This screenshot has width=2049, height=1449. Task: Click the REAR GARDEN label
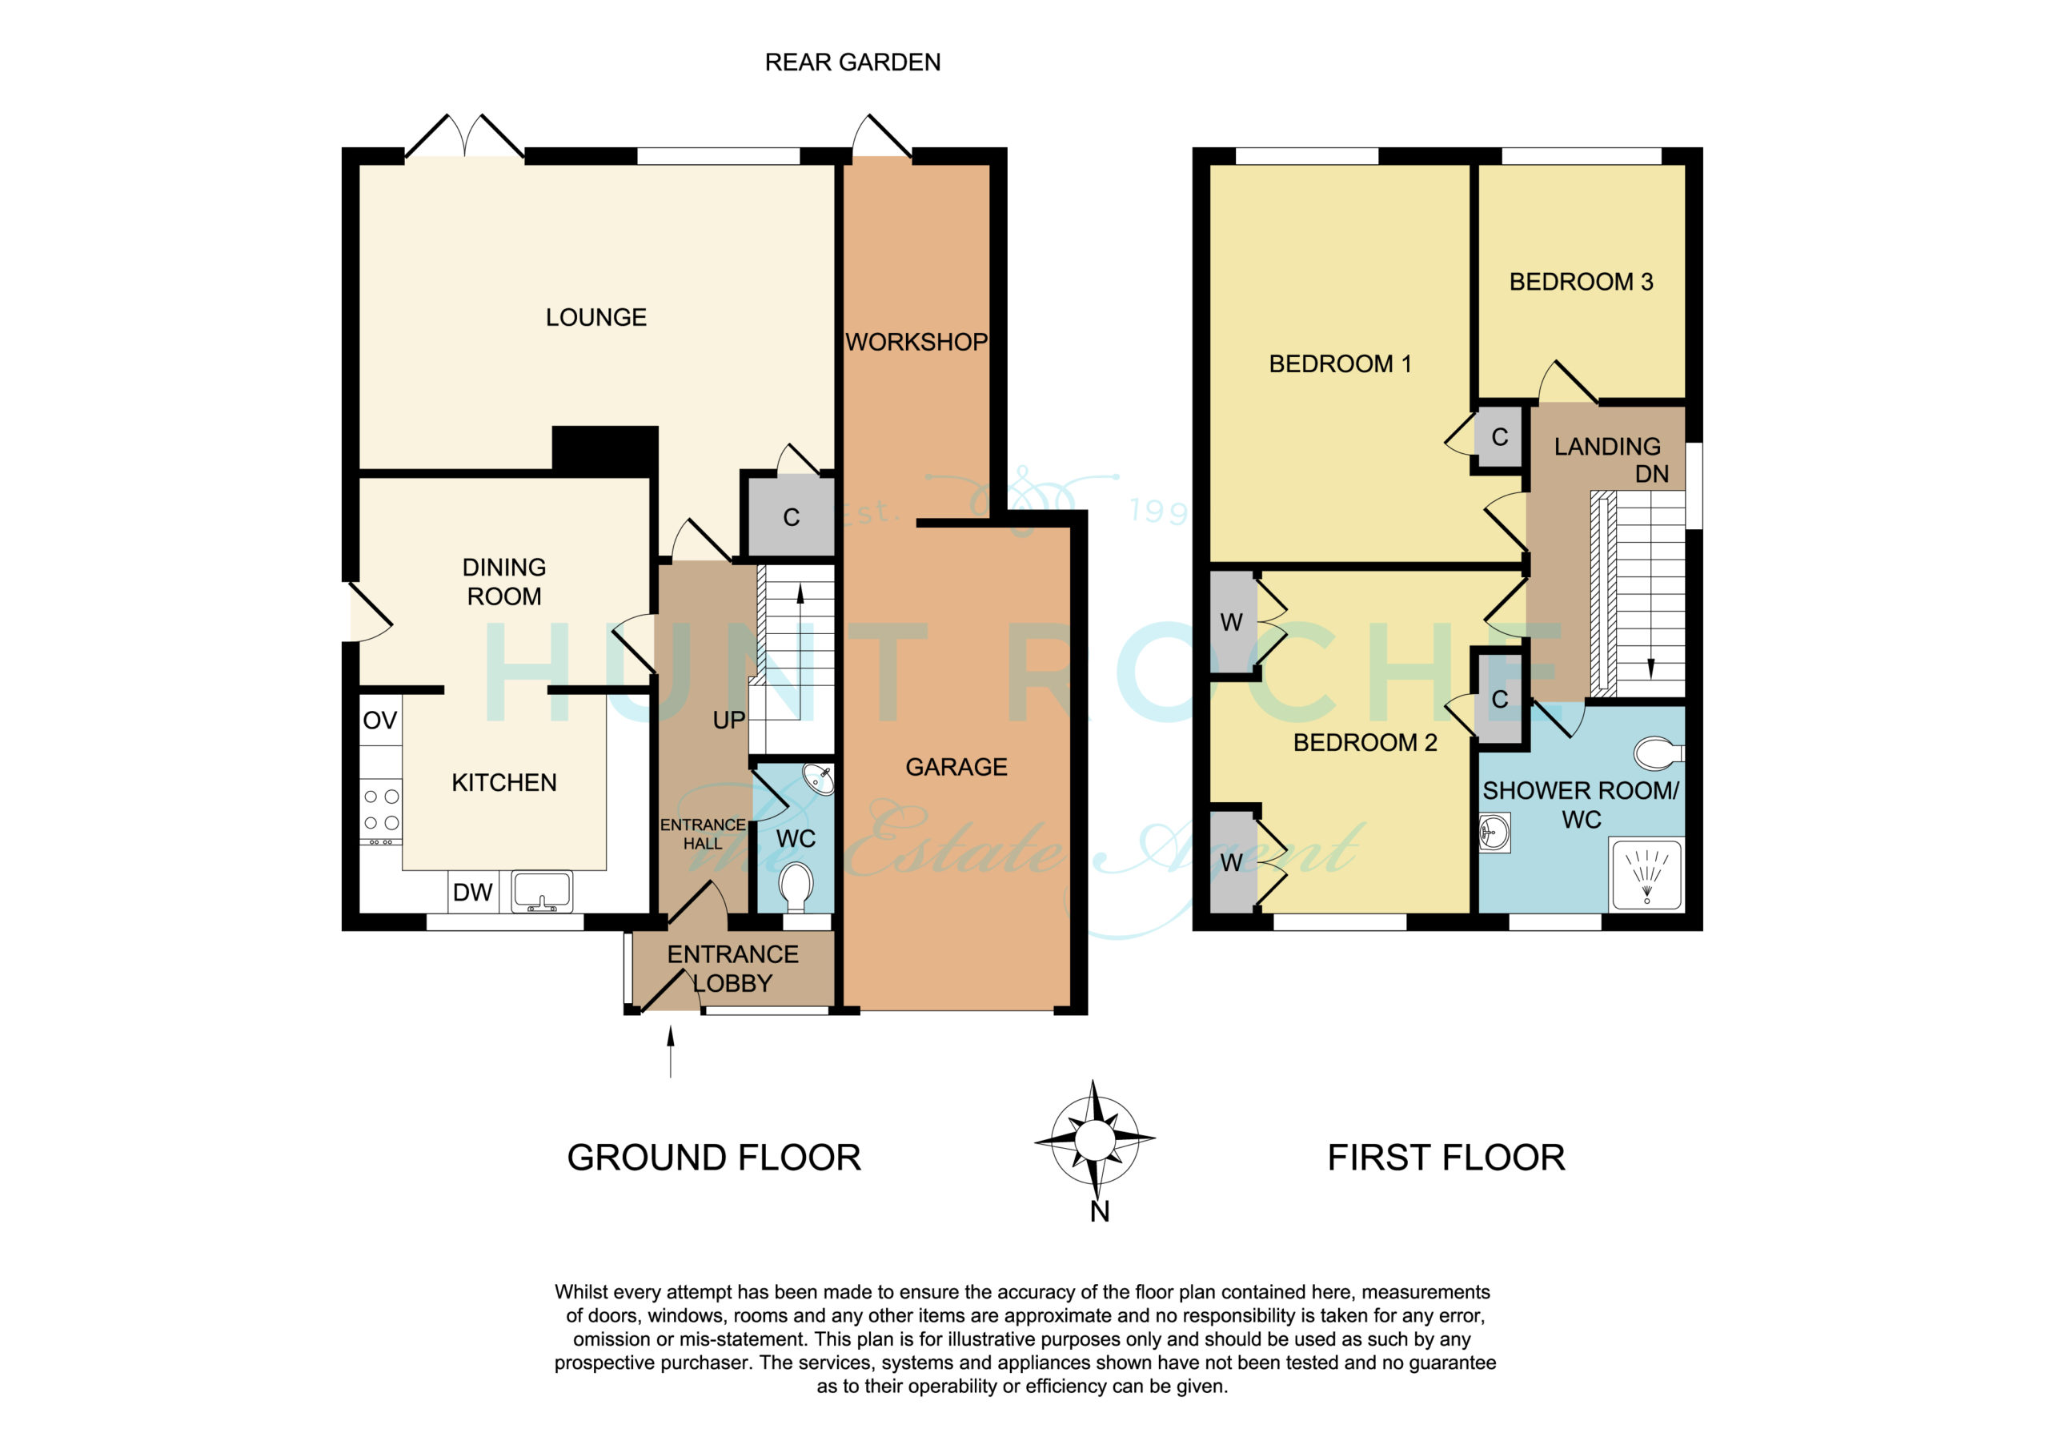(852, 62)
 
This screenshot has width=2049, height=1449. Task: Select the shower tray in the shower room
(1646, 875)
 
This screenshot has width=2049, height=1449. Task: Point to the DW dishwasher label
(473, 892)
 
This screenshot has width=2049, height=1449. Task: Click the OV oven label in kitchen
(380, 720)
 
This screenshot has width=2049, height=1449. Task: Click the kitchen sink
(542, 892)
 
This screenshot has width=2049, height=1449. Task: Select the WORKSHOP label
(916, 342)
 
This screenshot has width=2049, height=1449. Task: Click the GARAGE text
(956, 767)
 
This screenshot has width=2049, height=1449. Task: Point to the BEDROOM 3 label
(1582, 282)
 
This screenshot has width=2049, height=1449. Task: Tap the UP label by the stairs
(728, 720)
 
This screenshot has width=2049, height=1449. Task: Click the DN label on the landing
(1652, 474)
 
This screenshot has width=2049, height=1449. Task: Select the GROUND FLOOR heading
(714, 1158)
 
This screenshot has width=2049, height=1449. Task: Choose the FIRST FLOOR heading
(1446, 1158)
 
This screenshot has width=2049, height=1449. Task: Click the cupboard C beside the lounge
(791, 517)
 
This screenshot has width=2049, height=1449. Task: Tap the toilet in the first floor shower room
(1658, 753)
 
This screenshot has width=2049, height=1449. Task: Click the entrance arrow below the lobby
(670, 1052)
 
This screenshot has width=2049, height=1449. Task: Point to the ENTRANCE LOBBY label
(732, 969)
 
